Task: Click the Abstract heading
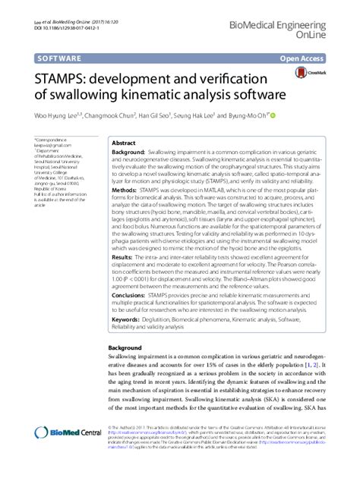coord(124,143)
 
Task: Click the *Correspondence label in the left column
coord(49,140)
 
